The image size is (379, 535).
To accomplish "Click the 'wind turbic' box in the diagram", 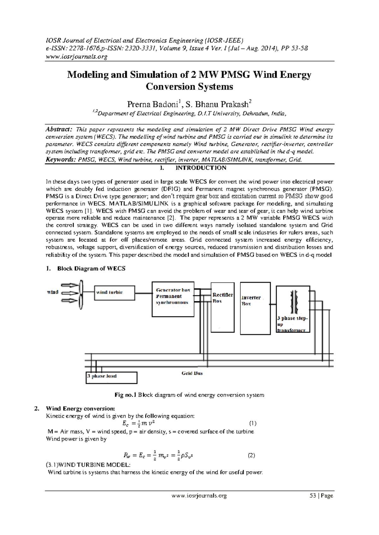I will [114, 293].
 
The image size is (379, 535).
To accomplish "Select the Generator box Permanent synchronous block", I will [173, 298].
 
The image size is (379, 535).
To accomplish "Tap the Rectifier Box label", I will [222, 298].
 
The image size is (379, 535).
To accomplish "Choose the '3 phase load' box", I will [111, 377].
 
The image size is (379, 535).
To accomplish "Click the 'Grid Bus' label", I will [192, 373].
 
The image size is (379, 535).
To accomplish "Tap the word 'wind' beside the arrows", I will [53, 292].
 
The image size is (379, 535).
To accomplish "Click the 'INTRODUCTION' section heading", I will [201, 168].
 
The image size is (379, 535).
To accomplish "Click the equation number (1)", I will [253, 423].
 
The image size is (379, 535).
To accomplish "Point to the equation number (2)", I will [251, 456].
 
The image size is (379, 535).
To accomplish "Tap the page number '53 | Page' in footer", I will [322, 496].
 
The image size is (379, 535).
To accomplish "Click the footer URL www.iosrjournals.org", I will [199, 496].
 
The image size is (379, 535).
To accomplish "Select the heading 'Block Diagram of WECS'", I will [91, 268].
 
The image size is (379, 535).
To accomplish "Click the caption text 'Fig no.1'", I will [125, 395].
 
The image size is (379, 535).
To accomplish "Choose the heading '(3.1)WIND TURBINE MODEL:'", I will [88, 465].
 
